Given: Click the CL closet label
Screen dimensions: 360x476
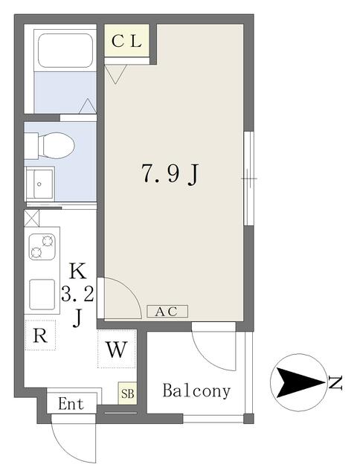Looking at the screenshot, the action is click(126, 42).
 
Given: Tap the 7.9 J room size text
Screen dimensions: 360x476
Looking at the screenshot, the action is click(170, 173).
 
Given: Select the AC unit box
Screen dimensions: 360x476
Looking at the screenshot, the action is click(167, 311).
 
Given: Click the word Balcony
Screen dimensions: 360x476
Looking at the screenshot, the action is click(196, 391).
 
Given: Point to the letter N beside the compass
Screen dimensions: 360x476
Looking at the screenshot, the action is click(335, 383).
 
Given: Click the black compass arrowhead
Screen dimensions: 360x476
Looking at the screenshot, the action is click(300, 382).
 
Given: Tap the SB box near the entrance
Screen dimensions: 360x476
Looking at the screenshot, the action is click(127, 393).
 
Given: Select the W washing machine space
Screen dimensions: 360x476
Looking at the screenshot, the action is click(117, 349).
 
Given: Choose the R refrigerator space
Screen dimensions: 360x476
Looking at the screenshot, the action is click(40, 335).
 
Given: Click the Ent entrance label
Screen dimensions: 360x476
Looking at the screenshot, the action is click(71, 404).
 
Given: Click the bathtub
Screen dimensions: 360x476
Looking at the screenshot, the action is click(65, 51).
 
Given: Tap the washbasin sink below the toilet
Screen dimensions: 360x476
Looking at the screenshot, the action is click(39, 184).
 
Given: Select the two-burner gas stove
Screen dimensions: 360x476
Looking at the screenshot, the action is click(42, 246).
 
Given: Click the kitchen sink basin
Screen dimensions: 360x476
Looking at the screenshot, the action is click(42, 294).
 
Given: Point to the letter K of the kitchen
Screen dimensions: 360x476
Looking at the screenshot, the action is click(77, 271).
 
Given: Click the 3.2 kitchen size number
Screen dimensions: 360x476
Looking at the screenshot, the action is click(77, 295).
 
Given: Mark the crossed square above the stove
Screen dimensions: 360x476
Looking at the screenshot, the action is click(31, 218).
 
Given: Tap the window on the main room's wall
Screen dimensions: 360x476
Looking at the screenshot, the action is click(249, 178).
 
